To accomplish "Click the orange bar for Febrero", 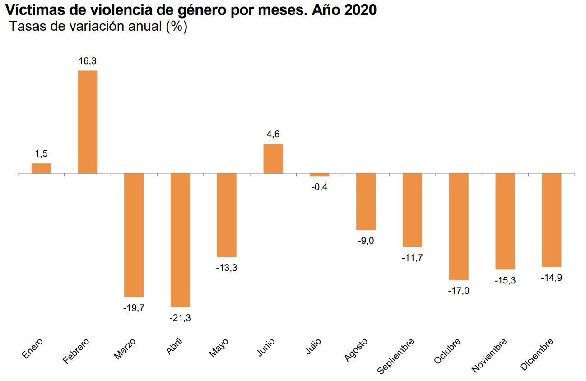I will (x=88, y=122).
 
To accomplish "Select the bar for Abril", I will (x=180, y=240).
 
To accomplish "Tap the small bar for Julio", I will (x=319, y=175).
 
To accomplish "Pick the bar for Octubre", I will (x=459, y=227).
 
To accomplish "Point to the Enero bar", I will (x=41, y=168).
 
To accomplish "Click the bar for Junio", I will (x=273, y=158).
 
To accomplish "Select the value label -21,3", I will (x=180, y=318).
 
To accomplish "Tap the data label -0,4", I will (x=319, y=186).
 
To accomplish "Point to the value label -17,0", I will (x=459, y=291).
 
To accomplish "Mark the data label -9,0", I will (x=366, y=241).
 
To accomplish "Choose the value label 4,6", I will (x=273, y=135).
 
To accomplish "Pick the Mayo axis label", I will (x=219, y=348).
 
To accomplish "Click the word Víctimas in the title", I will (x=34, y=10).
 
